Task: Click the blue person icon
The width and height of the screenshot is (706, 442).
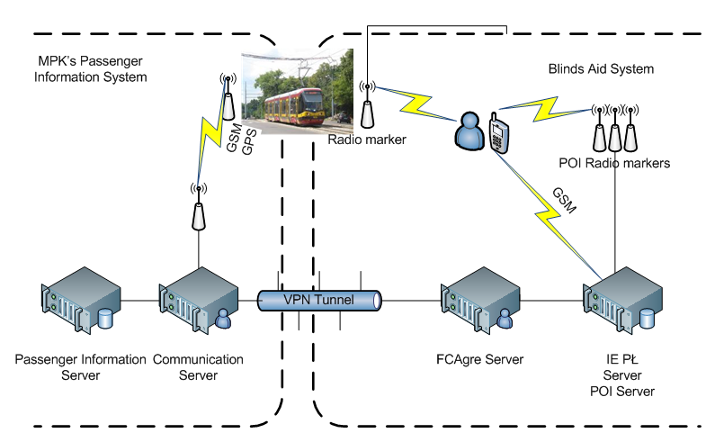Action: point(469,132)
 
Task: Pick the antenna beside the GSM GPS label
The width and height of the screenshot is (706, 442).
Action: point(228,98)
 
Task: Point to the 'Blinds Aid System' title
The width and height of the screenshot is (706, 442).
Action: point(600,68)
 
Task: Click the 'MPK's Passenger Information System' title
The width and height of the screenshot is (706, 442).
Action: point(89,69)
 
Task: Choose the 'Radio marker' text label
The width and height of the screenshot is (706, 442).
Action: point(367,140)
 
